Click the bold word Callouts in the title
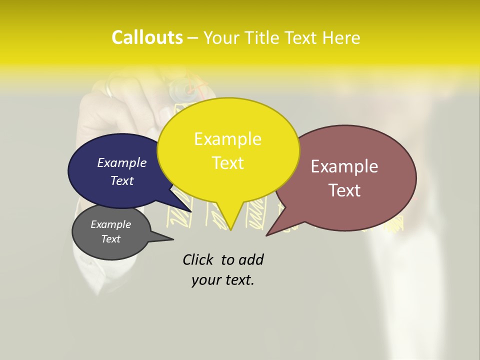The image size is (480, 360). tap(147, 37)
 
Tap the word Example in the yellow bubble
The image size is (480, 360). tap(227, 139)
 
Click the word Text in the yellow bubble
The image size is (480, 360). tap(227, 163)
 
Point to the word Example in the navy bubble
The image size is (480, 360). tap(121, 162)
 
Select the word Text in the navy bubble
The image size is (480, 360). tap(121, 180)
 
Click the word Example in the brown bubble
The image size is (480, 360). tap(344, 166)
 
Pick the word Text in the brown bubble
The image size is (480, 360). tap(344, 190)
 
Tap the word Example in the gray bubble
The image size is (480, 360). tap(110, 224)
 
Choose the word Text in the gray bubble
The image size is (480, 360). tap(110, 239)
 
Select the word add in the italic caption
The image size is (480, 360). tap(251, 259)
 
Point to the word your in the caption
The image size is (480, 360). tap(205, 280)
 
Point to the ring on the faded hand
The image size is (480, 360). tap(109, 90)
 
